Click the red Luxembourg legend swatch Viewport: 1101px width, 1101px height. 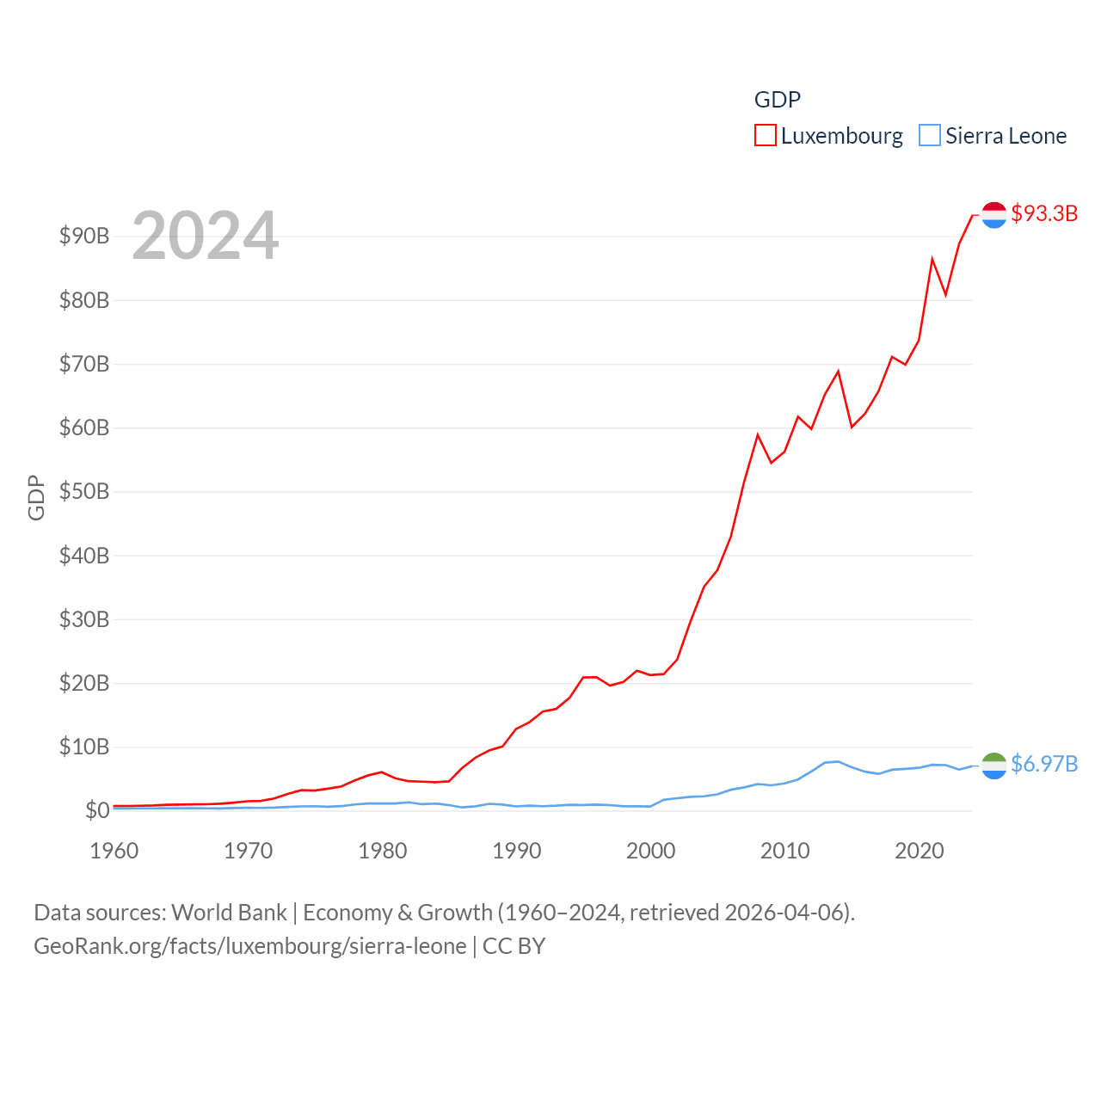(765, 136)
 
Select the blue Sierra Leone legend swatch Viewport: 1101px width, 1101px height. (930, 136)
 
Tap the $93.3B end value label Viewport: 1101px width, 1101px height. (1044, 213)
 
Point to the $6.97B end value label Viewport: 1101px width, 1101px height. (1044, 764)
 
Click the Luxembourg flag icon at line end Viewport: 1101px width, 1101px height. (993, 215)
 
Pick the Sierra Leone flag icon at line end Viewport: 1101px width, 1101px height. (993, 766)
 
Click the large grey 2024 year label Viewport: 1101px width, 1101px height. (206, 236)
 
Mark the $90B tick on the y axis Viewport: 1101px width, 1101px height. (84, 237)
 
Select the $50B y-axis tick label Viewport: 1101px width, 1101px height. (84, 492)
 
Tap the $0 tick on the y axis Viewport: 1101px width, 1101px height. (97, 810)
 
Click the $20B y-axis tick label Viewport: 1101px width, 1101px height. (84, 683)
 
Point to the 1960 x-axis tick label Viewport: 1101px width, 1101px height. (114, 852)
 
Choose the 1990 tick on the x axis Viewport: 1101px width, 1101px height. (517, 852)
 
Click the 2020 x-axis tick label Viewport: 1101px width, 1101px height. (920, 852)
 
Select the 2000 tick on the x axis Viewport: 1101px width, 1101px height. (651, 852)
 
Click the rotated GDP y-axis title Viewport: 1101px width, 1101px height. (36, 497)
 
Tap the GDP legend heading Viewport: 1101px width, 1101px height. (778, 100)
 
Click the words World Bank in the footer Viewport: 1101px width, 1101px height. (229, 913)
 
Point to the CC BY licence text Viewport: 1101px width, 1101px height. (514, 946)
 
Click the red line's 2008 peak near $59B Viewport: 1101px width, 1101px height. (758, 435)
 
